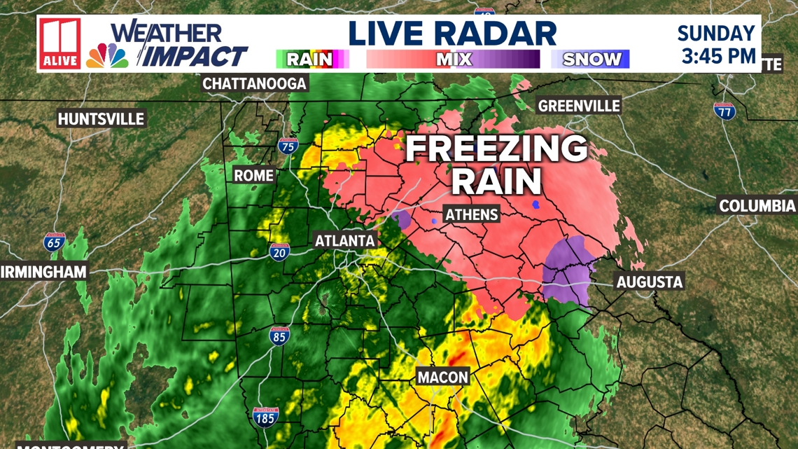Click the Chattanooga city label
tap(255, 84)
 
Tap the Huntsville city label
tap(101, 119)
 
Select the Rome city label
tap(253, 175)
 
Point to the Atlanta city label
tap(344, 241)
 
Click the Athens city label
tap(472, 214)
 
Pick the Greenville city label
tap(578, 106)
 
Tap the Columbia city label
tap(757, 206)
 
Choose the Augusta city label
tap(649, 282)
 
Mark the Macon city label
tap(442, 377)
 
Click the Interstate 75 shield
tap(288, 146)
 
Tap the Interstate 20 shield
tap(280, 252)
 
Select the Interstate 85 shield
tap(279, 336)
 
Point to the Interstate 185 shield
tap(266, 417)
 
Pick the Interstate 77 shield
tap(724, 111)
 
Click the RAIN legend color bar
tap(312, 59)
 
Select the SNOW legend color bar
tap(590, 59)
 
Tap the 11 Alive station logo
tap(60, 43)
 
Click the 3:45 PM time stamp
tap(718, 55)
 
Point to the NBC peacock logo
tap(107, 56)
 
